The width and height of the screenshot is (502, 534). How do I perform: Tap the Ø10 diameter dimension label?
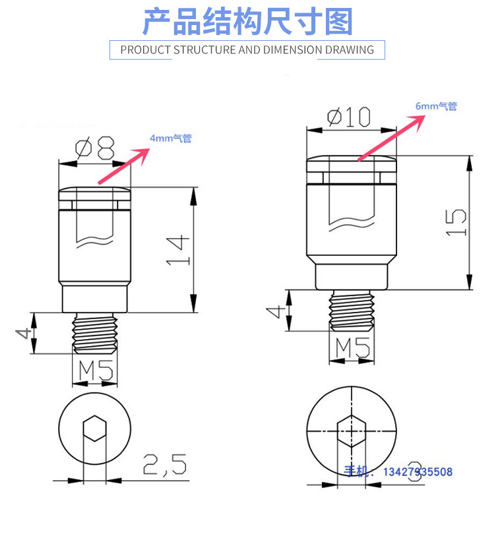pos(348,117)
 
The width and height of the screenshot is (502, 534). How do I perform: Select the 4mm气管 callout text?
pos(171,139)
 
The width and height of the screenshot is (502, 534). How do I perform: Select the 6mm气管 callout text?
pos(436,106)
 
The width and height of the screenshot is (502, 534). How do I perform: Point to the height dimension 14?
pos(177,251)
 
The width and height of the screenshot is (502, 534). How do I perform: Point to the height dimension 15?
pos(455,223)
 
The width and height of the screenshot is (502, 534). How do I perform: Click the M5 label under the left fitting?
pos(96,371)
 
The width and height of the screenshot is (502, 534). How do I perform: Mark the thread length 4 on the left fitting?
pos(24,333)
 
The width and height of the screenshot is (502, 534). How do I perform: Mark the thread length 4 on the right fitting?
pos(280,310)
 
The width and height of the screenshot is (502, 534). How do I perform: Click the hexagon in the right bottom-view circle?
pos(351,431)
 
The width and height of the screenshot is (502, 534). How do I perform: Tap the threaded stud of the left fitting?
pos(96,333)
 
